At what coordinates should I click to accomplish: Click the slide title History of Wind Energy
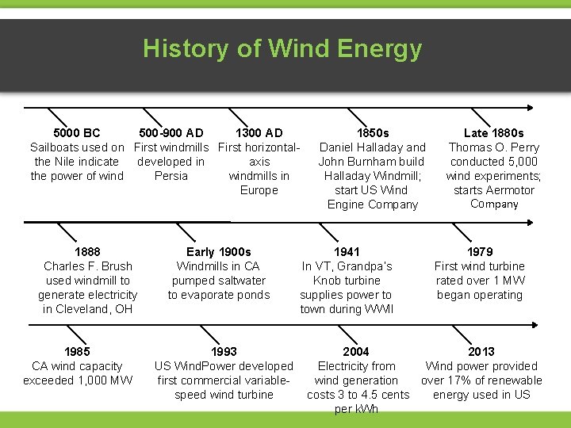pos(282,49)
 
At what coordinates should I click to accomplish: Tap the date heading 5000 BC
pos(76,133)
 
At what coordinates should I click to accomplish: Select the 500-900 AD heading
pos(171,133)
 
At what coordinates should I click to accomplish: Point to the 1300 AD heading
pos(259,133)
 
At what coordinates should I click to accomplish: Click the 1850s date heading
pos(372,133)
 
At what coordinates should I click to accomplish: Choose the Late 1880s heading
pos(493,133)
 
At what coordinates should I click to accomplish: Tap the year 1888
pos(87,252)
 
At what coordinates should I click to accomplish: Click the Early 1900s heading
pos(218,252)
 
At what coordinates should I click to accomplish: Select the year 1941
pos(347,252)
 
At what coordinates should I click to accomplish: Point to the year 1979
pos(480,252)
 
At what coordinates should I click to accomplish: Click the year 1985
pos(77,352)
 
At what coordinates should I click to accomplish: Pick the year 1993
pos(224,352)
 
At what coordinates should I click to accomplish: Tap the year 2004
pos(355,352)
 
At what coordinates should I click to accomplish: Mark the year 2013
pos(481,352)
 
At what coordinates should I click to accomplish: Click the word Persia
pos(171,176)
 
